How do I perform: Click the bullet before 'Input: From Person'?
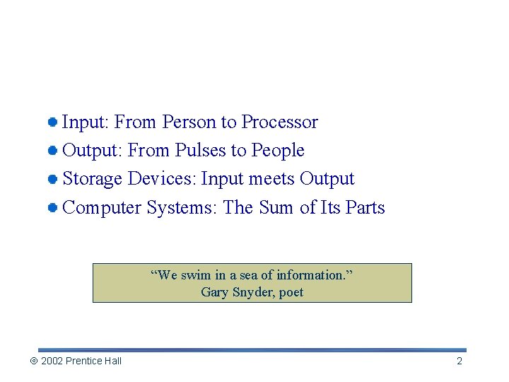point(53,122)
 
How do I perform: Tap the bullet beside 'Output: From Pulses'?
point(53,151)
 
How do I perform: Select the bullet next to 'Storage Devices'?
point(53,179)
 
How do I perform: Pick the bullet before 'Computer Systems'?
point(53,208)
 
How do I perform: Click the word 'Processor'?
point(279,122)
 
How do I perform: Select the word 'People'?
point(278,151)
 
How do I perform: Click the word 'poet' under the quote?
point(291,292)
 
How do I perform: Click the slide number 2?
point(460,361)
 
